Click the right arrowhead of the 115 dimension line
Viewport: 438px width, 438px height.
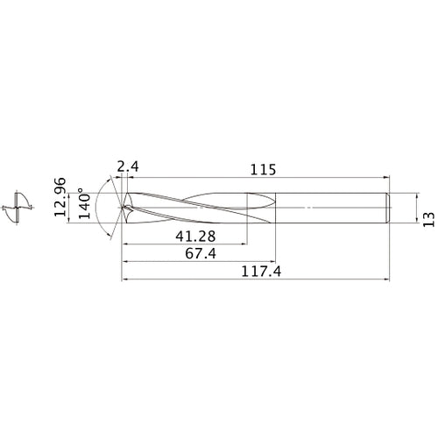pos(387,180)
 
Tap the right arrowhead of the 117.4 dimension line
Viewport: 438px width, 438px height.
pos(389,280)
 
